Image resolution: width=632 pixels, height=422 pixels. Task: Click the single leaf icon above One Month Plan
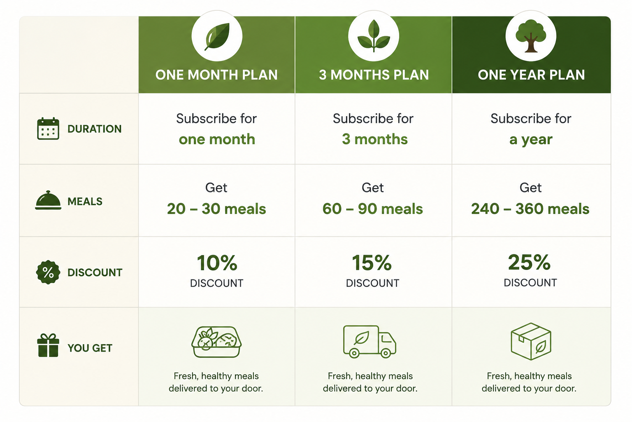[x=217, y=36]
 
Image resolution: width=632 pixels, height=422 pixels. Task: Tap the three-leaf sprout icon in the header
[x=374, y=36]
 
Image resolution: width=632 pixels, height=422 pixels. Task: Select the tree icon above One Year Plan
[x=531, y=36]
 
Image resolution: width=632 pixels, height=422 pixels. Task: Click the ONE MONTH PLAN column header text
[x=216, y=75]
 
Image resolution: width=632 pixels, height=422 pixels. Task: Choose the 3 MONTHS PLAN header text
[x=374, y=75]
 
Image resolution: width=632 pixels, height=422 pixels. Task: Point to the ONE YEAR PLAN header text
[x=531, y=75]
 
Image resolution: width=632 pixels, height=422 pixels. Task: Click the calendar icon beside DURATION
[x=48, y=129]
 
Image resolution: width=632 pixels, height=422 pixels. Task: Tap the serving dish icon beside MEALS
[x=48, y=200]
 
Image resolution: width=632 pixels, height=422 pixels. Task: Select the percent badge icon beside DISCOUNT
[x=48, y=272]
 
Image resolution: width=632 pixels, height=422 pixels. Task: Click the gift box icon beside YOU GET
[x=48, y=345]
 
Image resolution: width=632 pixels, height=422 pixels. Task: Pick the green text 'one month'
[x=217, y=139]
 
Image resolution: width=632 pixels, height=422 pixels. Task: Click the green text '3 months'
[x=375, y=139]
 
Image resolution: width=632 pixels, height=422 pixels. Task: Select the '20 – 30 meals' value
[x=216, y=209]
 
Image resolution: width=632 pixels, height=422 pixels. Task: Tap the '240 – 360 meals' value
[x=530, y=209]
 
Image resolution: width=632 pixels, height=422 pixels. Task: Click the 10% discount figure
[x=217, y=263]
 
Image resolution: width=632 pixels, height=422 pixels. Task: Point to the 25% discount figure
[x=529, y=262]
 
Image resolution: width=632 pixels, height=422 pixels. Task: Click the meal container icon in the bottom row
[x=216, y=342]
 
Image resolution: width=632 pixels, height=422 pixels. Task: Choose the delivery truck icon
[x=369, y=342]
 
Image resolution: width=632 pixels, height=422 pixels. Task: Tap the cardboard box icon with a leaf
[x=531, y=342]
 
